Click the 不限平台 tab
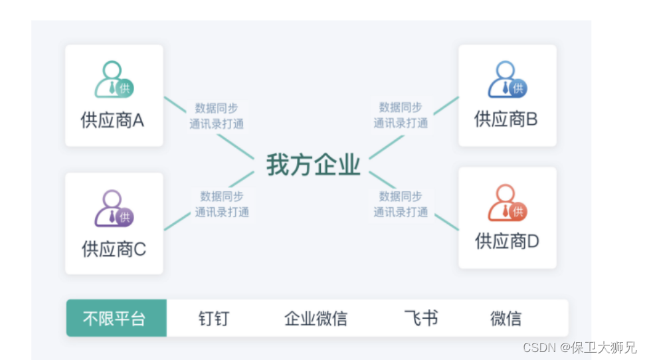114,319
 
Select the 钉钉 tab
213,319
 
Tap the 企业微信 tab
316,319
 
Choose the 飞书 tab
421,319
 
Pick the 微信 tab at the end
506,319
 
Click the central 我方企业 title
313,165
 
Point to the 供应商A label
112,120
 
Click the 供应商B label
506,119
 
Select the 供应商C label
114,249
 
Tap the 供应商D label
507,241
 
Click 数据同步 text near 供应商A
217,108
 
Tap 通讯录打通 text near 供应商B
401,123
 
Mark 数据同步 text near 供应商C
222,197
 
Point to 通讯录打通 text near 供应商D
401,213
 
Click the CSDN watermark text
579,347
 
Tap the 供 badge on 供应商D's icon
518,211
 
